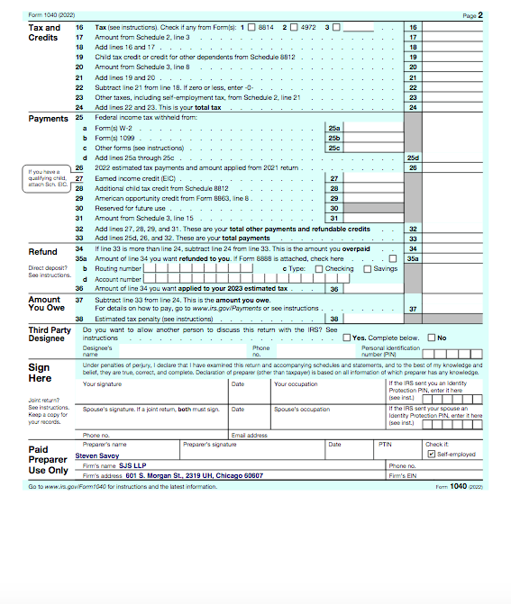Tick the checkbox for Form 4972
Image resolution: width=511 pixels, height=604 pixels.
coord(293,28)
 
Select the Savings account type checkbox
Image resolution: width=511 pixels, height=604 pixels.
coord(367,268)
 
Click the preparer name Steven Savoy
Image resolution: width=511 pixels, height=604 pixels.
coord(102,455)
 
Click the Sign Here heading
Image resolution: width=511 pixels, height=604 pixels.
coord(39,373)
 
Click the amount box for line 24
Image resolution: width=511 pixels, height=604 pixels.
coord(455,108)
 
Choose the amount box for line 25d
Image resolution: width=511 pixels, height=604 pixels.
coord(455,158)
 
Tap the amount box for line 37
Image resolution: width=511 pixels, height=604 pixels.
coord(455,309)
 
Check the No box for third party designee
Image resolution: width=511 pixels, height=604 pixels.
coord(432,338)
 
